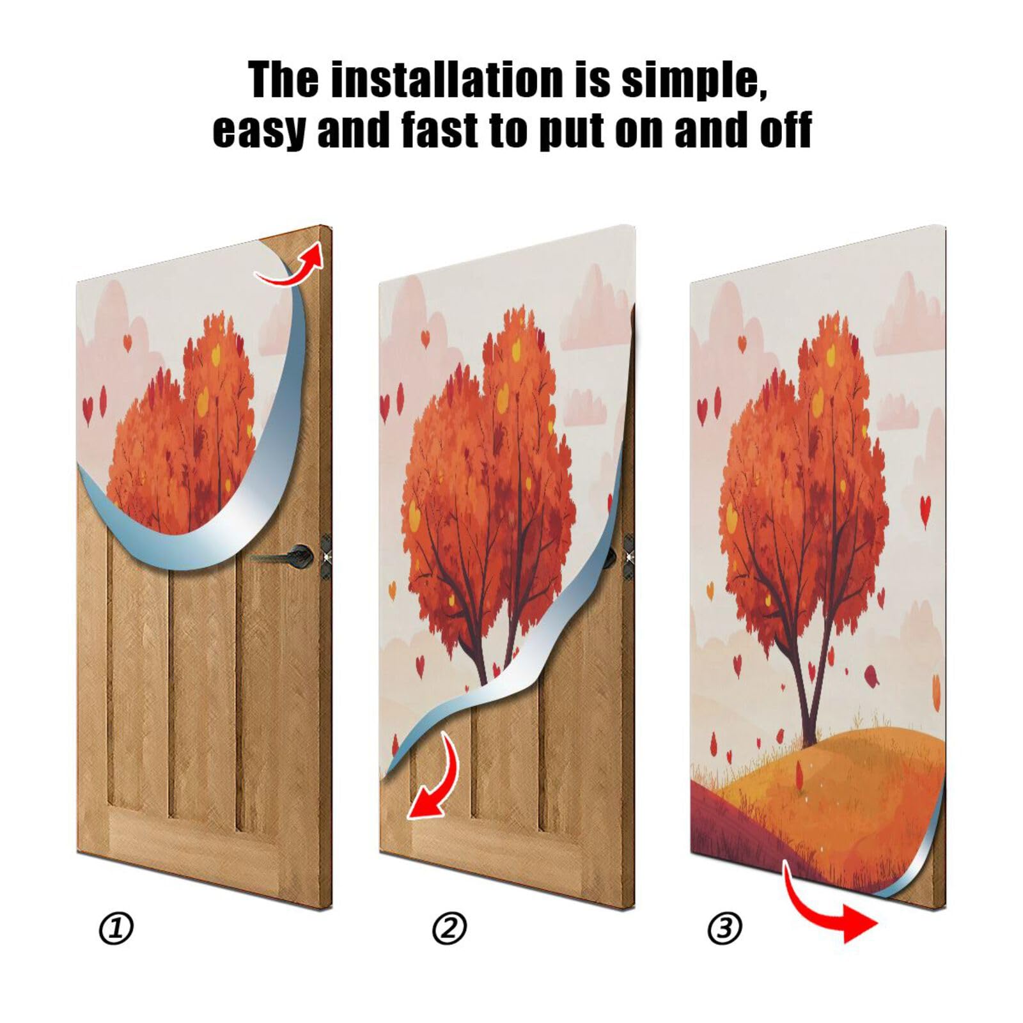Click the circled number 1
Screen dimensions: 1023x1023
click(116, 928)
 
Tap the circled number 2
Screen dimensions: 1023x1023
click(449, 928)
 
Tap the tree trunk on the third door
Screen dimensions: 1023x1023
click(807, 710)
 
